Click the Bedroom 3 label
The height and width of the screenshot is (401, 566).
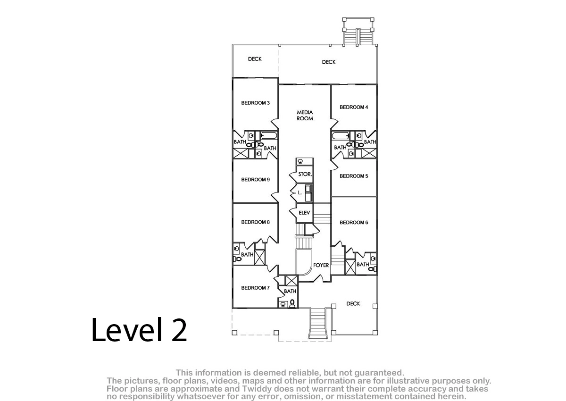256,103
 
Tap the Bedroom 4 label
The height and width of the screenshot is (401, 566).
354,107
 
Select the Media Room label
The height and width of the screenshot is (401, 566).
305,115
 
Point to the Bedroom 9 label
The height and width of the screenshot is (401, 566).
256,180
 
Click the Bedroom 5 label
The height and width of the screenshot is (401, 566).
354,176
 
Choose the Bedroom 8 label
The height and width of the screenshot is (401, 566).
256,222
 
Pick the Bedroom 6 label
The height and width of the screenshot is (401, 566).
354,223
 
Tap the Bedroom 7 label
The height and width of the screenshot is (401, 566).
256,288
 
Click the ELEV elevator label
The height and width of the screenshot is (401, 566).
304,213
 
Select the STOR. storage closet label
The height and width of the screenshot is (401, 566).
305,174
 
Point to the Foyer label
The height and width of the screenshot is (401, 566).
321,265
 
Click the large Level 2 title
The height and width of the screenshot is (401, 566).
139,330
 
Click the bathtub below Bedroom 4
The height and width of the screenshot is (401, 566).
341,136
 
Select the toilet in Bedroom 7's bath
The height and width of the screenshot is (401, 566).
292,303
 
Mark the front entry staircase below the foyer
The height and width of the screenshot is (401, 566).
318,324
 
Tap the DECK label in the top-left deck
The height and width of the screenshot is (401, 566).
255,59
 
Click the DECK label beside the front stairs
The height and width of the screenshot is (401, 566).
353,303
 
